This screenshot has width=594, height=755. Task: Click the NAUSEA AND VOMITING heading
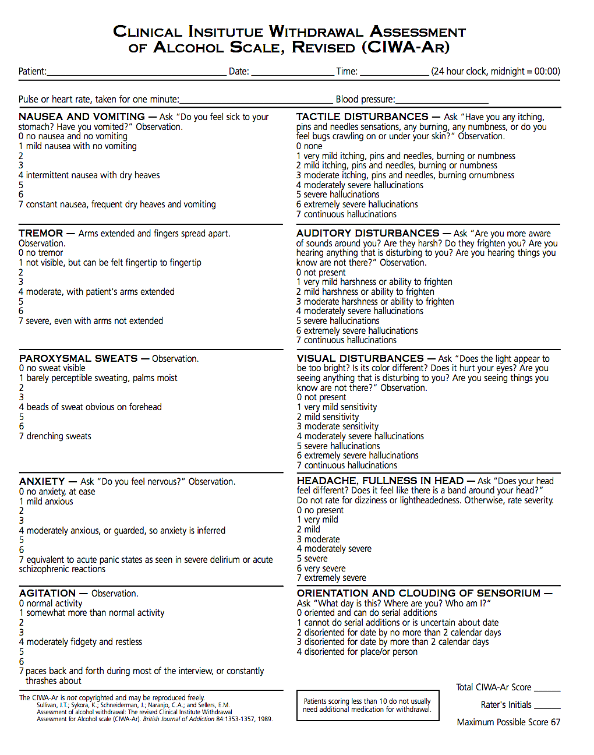pos(82,117)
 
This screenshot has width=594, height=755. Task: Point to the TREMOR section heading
pos(41,233)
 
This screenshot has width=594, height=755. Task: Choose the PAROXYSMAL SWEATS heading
pos(78,358)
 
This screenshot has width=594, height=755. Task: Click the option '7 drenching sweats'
pos(55,436)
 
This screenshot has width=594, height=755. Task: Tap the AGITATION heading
pos(47,593)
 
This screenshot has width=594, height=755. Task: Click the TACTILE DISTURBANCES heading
pos(362,117)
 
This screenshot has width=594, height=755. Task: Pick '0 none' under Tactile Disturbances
pos(309,146)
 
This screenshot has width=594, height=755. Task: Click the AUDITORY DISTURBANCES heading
pos(367,233)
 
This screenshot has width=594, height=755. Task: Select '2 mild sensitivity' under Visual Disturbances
pos(328,417)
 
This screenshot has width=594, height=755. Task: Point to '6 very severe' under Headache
pos(321,569)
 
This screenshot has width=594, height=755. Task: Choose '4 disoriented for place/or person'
pos(357,652)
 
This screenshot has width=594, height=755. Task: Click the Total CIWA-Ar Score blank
pos(547,689)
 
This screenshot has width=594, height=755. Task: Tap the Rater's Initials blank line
pos(547,707)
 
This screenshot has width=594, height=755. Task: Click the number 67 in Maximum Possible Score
pos(555,722)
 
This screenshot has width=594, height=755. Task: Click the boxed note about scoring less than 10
pos(367,705)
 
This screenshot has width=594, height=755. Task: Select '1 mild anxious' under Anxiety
pos(46,502)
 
